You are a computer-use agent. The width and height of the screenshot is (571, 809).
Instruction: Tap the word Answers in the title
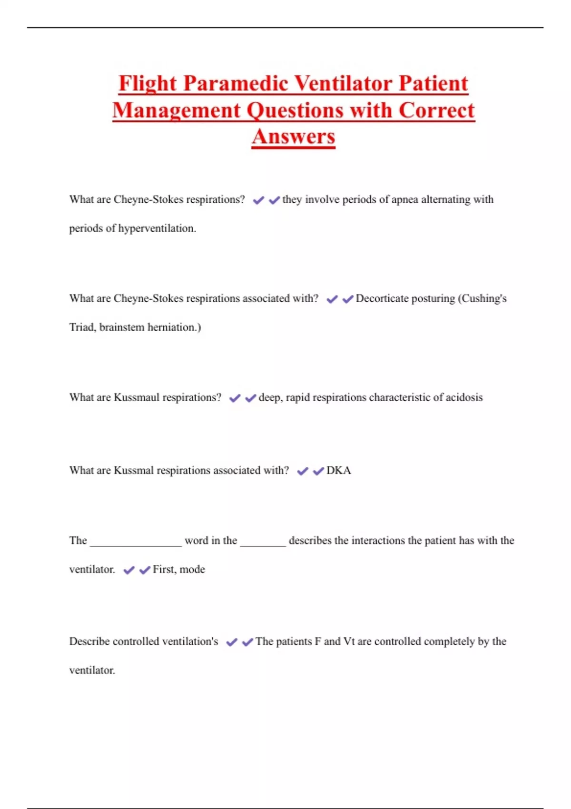click(x=294, y=137)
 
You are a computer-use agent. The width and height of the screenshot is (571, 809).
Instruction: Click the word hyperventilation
click(x=157, y=228)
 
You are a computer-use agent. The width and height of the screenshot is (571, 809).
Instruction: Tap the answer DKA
click(x=339, y=470)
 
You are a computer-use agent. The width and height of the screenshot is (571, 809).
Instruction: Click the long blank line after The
click(x=136, y=543)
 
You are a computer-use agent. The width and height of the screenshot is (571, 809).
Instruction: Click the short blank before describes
click(x=263, y=543)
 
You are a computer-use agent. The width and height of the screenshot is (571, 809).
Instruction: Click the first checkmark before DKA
click(x=303, y=471)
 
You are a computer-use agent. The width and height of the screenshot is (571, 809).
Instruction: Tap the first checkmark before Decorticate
click(x=332, y=299)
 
